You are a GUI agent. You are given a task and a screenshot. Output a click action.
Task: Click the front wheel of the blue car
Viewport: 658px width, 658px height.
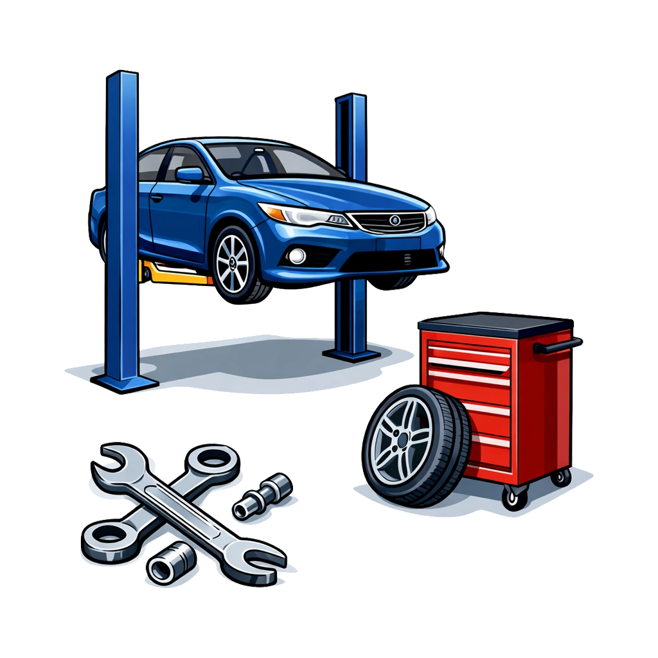pyautogui.click(x=235, y=264)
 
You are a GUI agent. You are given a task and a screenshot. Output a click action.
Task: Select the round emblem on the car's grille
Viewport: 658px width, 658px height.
pyautogui.click(x=395, y=221)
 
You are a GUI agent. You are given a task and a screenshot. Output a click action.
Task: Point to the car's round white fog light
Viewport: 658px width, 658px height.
pyautogui.click(x=297, y=256)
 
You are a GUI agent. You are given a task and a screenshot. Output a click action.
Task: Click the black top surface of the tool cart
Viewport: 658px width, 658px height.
pyautogui.click(x=495, y=321)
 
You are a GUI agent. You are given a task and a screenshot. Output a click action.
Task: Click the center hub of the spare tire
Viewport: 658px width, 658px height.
pyautogui.click(x=403, y=440)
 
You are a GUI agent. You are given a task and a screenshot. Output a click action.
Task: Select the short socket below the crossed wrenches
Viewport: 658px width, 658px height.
pyautogui.click(x=169, y=562)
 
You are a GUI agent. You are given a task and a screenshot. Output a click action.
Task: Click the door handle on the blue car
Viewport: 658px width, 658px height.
pyautogui.click(x=156, y=197)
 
